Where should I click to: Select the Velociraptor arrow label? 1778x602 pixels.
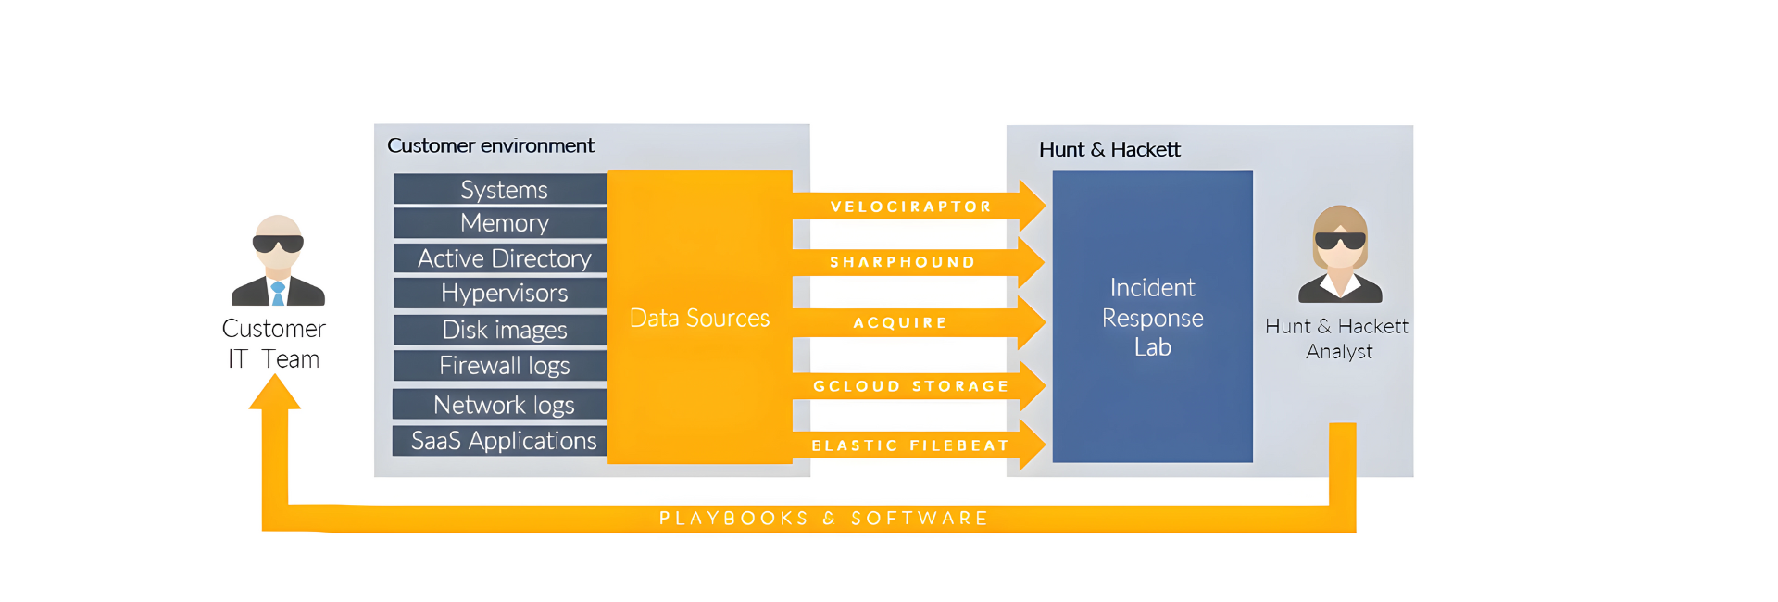[x=910, y=207]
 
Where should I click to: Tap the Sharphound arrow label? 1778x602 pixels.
[x=902, y=262]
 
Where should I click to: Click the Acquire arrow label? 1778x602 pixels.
[x=899, y=322]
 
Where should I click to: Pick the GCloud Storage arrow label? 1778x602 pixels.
[x=910, y=386]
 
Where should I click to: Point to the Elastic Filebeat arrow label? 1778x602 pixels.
[x=909, y=445]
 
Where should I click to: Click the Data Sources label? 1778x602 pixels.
[x=699, y=319]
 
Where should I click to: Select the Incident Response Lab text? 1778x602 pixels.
[x=1152, y=318]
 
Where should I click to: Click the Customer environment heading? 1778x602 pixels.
[x=490, y=145]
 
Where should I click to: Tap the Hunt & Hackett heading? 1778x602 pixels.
[x=1108, y=149]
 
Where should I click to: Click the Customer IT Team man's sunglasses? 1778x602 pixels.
[x=278, y=244]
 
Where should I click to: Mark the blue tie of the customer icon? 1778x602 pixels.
[x=278, y=294]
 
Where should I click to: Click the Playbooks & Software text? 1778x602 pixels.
[x=823, y=519]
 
